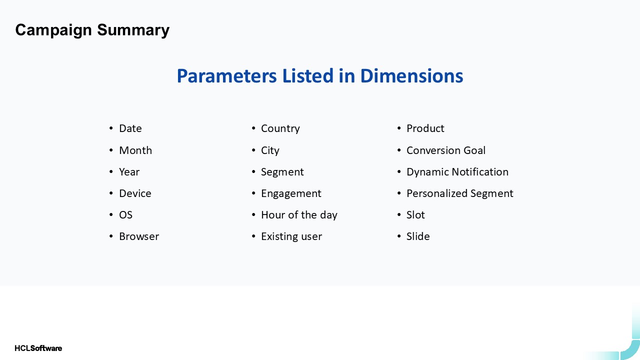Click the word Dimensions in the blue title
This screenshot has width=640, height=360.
[411, 76]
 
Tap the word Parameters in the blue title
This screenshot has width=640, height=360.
[227, 76]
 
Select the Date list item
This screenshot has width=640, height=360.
[130, 128]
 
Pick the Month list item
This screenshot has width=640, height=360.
[135, 150]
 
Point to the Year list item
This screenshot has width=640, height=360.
[129, 172]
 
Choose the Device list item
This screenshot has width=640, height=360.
[135, 193]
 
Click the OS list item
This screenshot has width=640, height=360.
[125, 215]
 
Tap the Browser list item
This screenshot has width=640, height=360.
[139, 236]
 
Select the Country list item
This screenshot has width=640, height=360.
[280, 128]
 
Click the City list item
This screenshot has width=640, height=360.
[270, 150]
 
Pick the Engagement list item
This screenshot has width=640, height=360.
[291, 193]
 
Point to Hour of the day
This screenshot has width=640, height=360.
[299, 215]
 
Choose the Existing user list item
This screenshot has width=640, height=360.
[291, 236]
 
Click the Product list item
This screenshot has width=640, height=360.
[425, 128]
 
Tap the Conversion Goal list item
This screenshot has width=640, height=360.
[445, 150]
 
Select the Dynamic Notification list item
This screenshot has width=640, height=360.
[457, 172]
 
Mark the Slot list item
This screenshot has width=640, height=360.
[415, 215]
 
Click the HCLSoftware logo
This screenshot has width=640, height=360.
[38, 348]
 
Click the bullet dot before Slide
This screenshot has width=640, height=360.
[399, 236]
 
